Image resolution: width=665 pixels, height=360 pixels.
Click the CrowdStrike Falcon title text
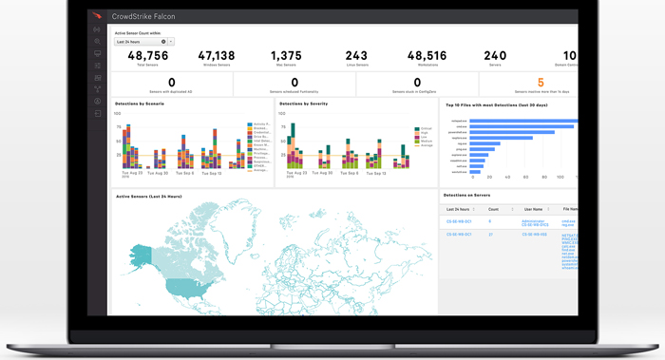point(143,16)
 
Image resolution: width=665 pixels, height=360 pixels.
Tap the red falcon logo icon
point(97,16)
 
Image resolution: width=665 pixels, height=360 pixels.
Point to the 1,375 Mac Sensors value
point(286,56)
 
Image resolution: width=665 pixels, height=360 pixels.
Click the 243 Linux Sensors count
point(356,56)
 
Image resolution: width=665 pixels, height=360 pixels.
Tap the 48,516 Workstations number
point(427,56)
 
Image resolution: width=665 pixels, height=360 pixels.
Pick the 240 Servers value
point(495,56)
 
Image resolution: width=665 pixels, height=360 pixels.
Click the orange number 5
point(541,83)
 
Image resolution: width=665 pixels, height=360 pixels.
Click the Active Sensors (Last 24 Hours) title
point(148,197)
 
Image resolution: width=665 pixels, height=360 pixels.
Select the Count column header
point(493,208)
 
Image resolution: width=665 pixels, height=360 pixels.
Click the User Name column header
point(532,208)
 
